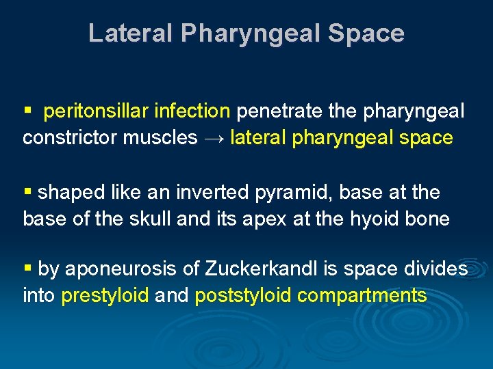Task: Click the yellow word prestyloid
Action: [105, 296]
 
